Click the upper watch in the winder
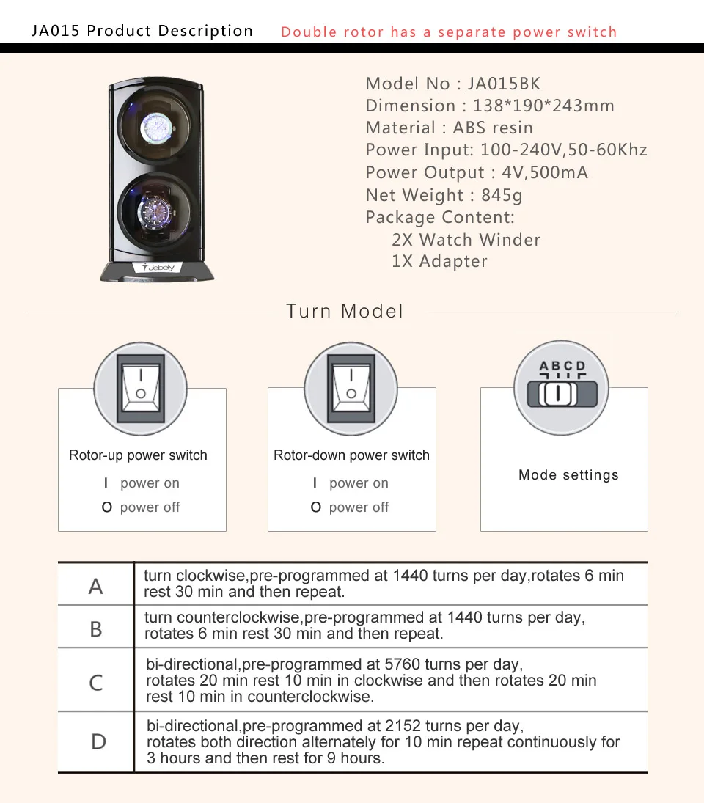158,128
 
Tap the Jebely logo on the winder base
158,268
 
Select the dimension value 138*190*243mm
543,106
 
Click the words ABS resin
493,128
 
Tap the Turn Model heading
345,311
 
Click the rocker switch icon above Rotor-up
141,388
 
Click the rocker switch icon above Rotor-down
351,388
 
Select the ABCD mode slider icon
562,387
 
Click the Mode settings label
568,475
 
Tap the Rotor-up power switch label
138,455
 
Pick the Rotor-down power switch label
351,455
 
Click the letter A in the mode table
96,587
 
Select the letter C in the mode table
96,683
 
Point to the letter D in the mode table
98,742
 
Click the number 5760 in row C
402,664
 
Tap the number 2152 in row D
402,726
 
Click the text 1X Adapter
439,262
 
